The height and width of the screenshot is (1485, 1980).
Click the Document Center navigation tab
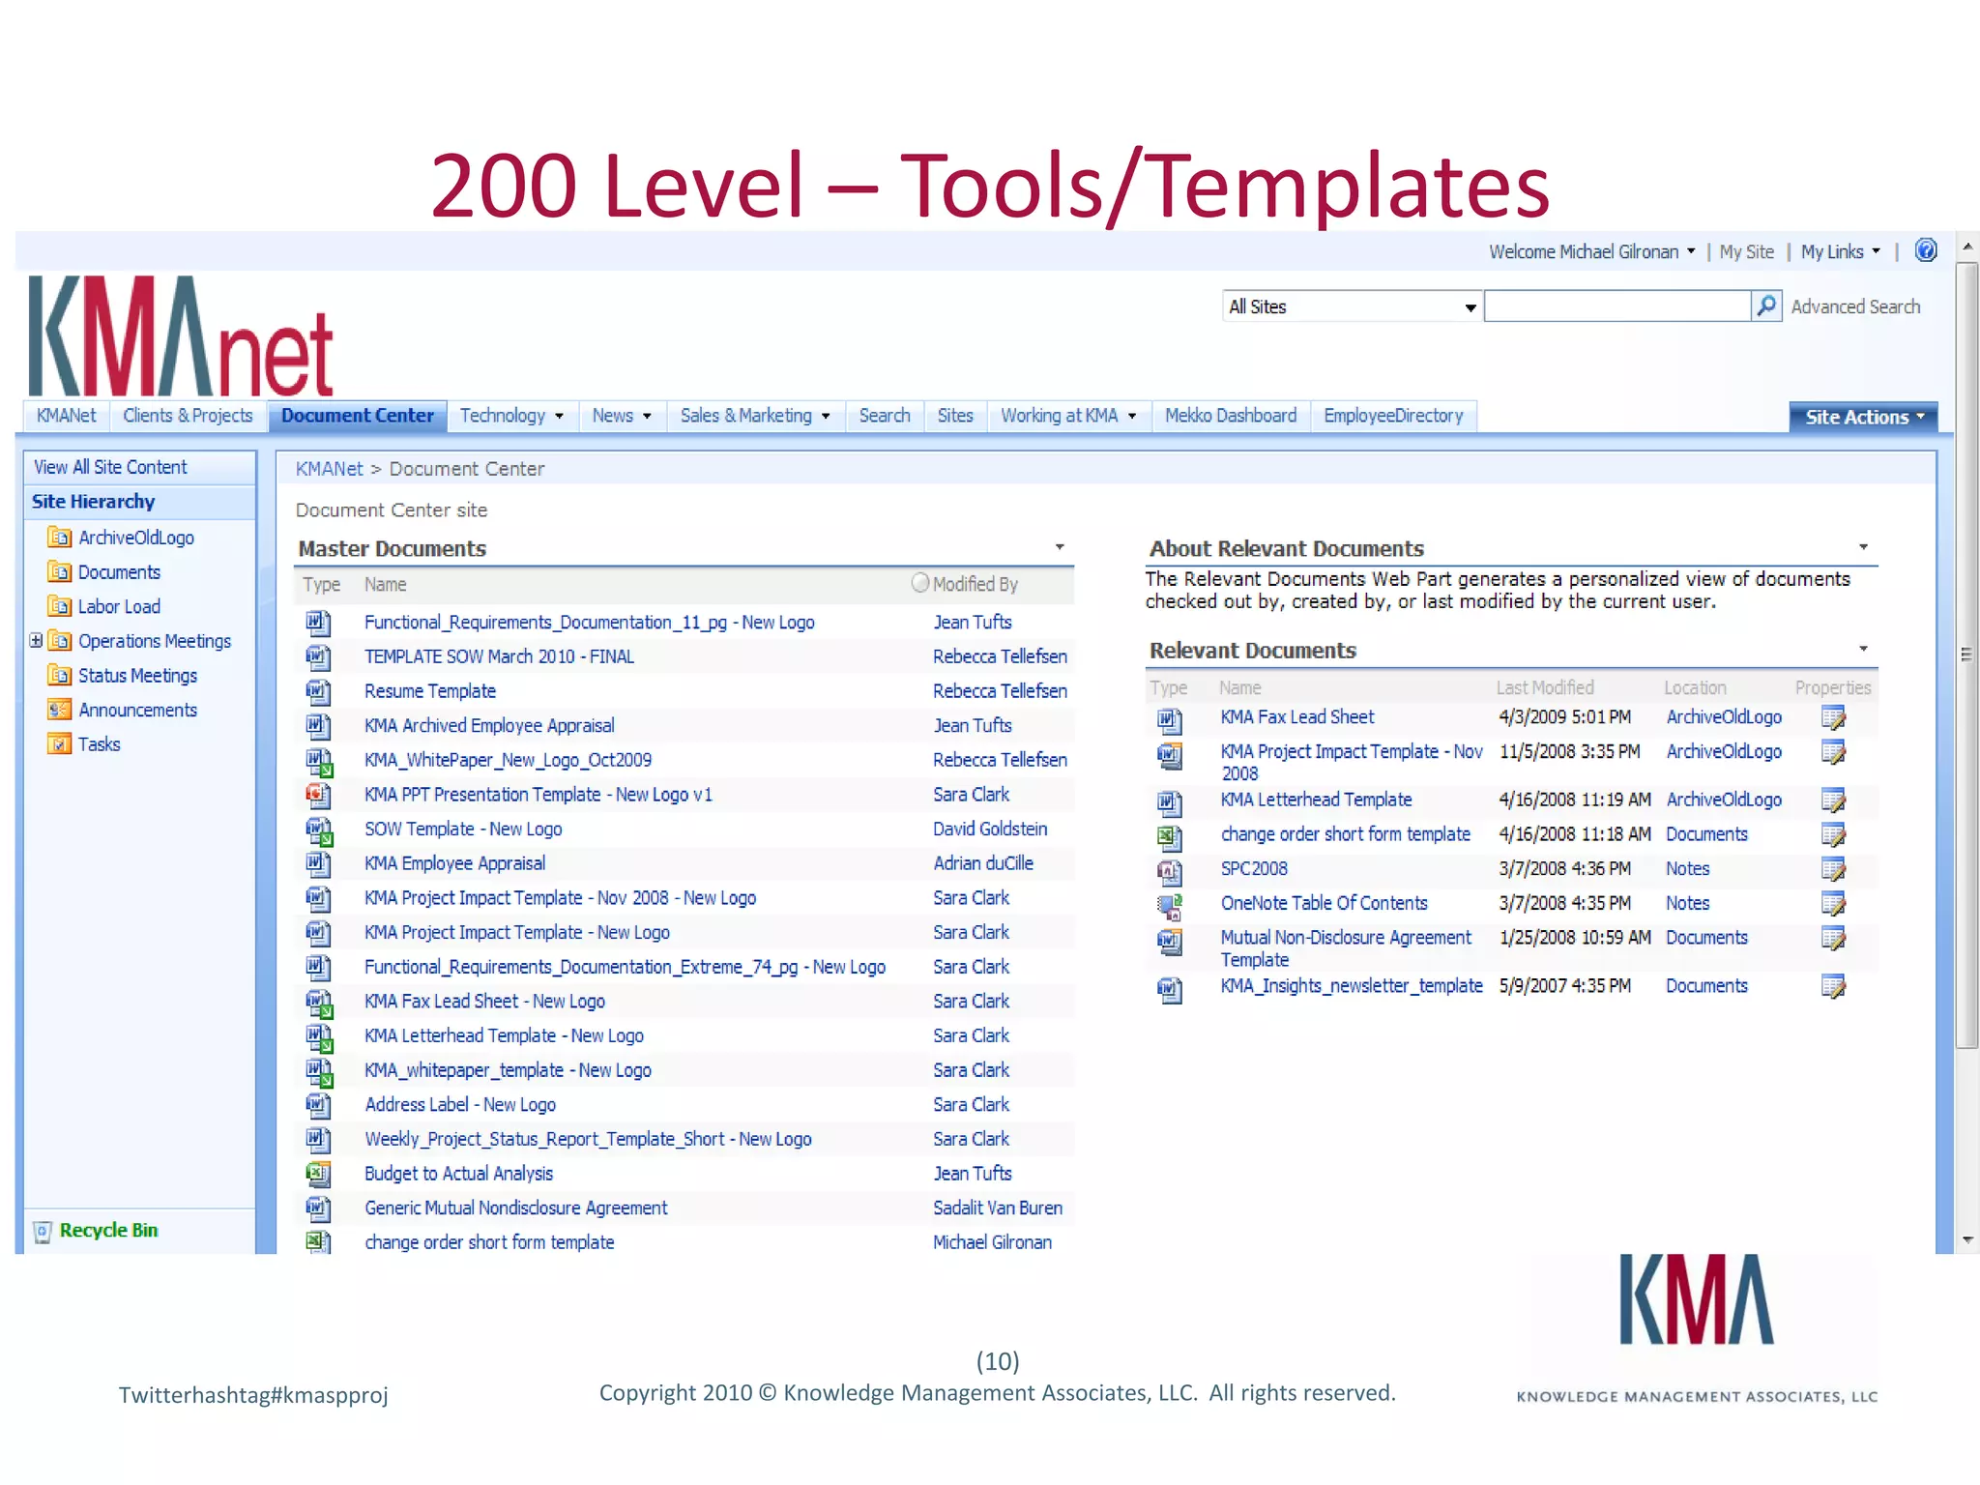pyautogui.click(x=357, y=416)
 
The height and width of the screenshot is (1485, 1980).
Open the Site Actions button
pyautogui.click(x=1862, y=418)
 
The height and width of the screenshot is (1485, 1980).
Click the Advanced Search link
pyautogui.click(x=1854, y=307)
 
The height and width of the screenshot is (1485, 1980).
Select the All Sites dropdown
pyautogui.click(x=1351, y=307)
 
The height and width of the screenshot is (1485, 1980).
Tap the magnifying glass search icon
pyautogui.click(x=1765, y=306)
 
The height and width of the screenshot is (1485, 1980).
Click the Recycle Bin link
pyautogui.click(x=108, y=1231)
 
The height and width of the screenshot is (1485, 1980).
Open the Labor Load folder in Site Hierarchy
pyautogui.click(x=119, y=607)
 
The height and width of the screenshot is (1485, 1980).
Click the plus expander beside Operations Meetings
pyautogui.click(x=36, y=640)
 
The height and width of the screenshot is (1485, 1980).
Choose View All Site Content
pyautogui.click(x=110, y=468)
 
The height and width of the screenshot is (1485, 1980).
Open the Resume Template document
pyautogui.click(x=429, y=691)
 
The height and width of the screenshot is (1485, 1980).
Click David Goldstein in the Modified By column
pyautogui.click(x=989, y=830)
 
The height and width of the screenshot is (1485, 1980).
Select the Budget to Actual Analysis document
pyautogui.click(x=458, y=1174)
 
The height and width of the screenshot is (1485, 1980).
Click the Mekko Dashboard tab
pyautogui.click(x=1230, y=416)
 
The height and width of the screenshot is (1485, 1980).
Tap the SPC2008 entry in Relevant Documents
pyautogui.click(x=1253, y=869)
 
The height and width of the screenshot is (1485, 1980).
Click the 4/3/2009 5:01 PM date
pyautogui.click(x=1563, y=717)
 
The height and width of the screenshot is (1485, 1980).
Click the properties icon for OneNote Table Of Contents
pyautogui.click(x=1832, y=904)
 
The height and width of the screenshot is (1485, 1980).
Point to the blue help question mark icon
pyautogui.click(x=1926, y=251)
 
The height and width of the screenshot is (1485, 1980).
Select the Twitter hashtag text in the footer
pyautogui.click(x=253, y=1395)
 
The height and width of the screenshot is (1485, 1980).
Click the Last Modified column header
pyautogui.click(x=1544, y=688)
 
